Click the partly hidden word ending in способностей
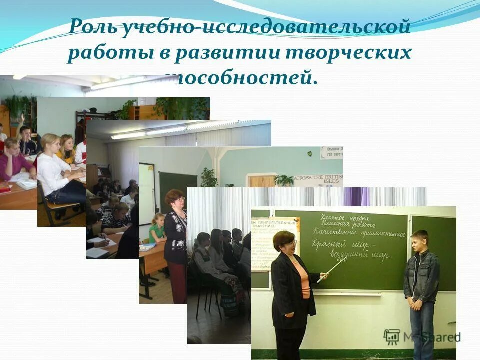click(x=245, y=79)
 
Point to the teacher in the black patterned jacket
click(x=175, y=235)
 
